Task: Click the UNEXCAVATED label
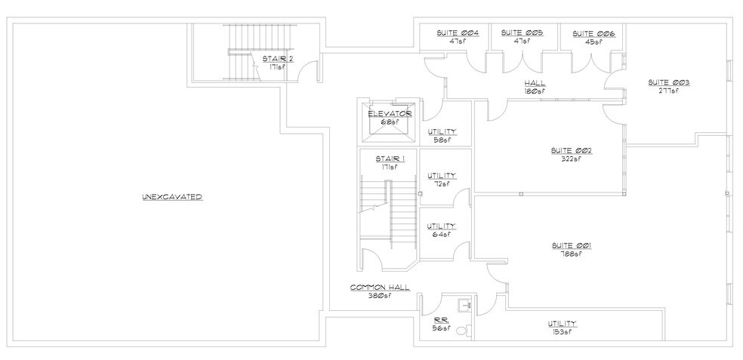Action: coord(172,197)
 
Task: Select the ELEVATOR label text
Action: coord(390,113)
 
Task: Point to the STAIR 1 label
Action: coord(390,158)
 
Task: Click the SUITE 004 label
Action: coord(455,33)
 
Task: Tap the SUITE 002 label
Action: coord(572,150)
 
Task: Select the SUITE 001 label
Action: coord(571,245)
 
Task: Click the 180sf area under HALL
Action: coord(535,91)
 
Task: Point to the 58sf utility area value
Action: coord(442,140)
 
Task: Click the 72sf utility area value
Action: coord(442,183)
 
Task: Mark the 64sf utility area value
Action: coord(442,234)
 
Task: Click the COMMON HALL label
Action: coord(380,288)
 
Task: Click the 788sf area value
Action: coord(571,254)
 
